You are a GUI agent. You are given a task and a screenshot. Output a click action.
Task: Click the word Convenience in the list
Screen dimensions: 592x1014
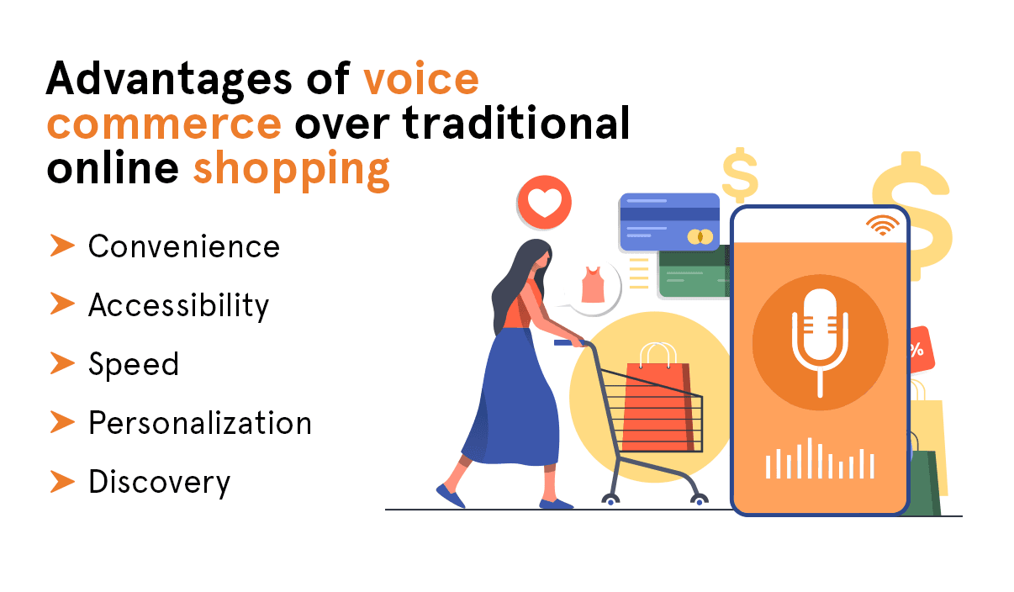click(183, 246)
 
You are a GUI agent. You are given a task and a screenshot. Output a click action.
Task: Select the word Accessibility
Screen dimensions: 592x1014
click(178, 305)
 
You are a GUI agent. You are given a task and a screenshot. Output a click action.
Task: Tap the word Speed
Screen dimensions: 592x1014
click(134, 364)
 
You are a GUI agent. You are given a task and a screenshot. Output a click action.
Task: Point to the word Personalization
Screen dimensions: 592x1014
click(200, 423)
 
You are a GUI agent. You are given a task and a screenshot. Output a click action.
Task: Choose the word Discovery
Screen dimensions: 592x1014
click(159, 482)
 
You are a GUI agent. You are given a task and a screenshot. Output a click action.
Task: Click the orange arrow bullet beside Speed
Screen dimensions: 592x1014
click(62, 363)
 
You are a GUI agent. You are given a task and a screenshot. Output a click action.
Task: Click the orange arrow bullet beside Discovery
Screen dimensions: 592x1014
click(62, 481)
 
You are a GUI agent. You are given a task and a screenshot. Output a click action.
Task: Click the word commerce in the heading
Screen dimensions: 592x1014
click(164, 124)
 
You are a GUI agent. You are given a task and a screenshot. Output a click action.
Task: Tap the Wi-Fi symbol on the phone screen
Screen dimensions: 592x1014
click(882, 225)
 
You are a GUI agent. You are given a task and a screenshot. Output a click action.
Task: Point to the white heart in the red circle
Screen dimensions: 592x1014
click(544, 203)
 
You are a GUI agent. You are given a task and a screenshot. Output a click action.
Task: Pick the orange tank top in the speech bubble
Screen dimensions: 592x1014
click(593, 286)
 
